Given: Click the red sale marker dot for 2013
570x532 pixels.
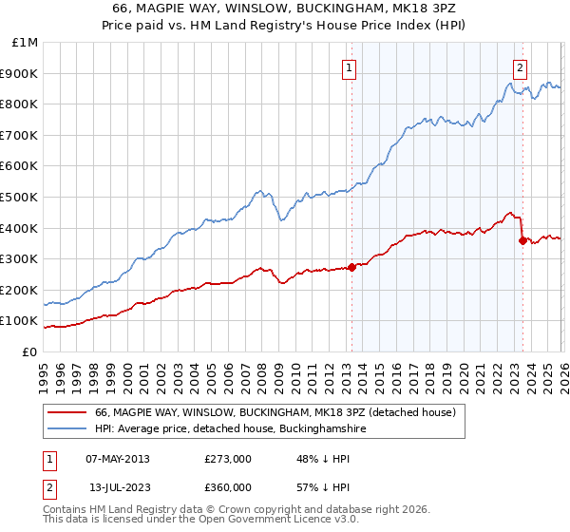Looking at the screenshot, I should click(x=351, y=267).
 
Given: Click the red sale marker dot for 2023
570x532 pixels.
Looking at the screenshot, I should click(x=522, y=240).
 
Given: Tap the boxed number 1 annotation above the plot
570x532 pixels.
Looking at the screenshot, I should click(x=351, y=67).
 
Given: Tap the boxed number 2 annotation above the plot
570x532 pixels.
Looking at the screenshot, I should click(x=522, y=67).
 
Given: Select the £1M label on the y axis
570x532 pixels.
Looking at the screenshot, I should click(x=25, y=43).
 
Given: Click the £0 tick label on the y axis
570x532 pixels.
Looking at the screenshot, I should click(x=28, y=351).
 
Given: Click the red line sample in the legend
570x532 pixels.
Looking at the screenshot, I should click(x=68, y=413).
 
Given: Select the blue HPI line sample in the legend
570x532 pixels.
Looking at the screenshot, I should click(x=68, y=429).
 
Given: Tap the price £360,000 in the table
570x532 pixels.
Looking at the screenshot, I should click(x=228, y=487).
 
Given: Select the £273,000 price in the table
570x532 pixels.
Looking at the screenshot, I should click(x=228, y=459).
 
